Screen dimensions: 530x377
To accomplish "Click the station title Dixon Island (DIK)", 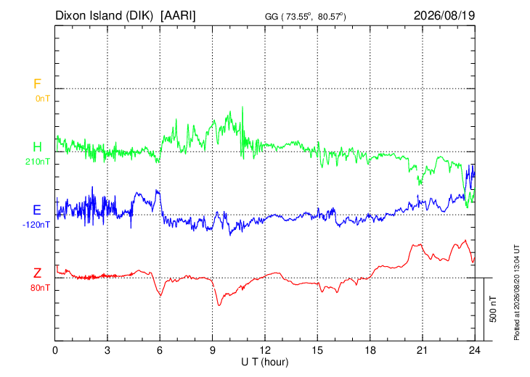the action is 104,16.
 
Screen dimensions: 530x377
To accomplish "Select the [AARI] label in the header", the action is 178,16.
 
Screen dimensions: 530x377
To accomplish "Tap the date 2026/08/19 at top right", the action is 444,15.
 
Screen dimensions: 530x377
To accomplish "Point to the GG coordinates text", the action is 305,17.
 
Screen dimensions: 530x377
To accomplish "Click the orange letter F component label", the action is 37,83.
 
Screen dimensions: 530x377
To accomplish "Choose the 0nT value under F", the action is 43,99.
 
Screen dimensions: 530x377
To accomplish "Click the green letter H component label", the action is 37,147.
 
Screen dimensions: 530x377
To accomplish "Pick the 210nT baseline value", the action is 38,162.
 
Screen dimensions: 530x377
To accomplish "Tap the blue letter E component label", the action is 37,210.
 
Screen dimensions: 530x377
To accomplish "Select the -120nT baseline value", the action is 36,225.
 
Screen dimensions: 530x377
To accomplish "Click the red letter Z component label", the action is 37,273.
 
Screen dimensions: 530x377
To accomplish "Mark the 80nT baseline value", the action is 40,288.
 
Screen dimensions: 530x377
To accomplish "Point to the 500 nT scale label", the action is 493,309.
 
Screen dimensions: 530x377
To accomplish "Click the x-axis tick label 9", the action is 212,351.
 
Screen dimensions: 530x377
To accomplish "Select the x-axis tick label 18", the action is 370,351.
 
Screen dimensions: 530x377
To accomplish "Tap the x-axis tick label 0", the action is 55,351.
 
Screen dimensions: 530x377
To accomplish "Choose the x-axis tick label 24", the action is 475,351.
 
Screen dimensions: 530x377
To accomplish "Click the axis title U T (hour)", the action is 265,362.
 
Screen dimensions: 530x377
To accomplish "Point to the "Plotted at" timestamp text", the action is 517,292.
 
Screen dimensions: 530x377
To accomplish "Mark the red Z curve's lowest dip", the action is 219,305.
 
